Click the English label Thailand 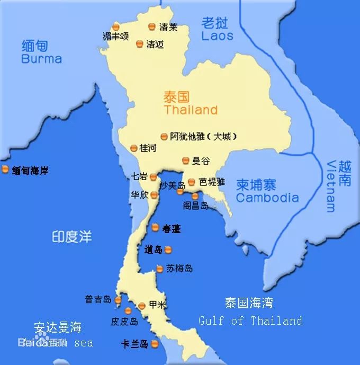click(191, 110)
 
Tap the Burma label click(41, 59)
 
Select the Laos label click(217, 36)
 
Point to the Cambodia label click(267, 198)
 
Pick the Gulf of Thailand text click(250, 321)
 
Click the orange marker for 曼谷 click(186, 160)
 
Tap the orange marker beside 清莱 click(152, 26)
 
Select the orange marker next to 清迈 click(140, 44)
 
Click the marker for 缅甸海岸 click(5, 170)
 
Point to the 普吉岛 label click(98, 300)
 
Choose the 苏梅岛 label click(179, 269)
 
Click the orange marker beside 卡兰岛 click(155, 344)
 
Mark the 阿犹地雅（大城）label click(203, 136)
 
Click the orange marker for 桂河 click(133, 148)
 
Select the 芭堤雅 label click(212, 182)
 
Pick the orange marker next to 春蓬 click(155, 228)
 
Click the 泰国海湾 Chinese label click(249, 303)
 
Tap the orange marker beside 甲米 click(142, 305)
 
